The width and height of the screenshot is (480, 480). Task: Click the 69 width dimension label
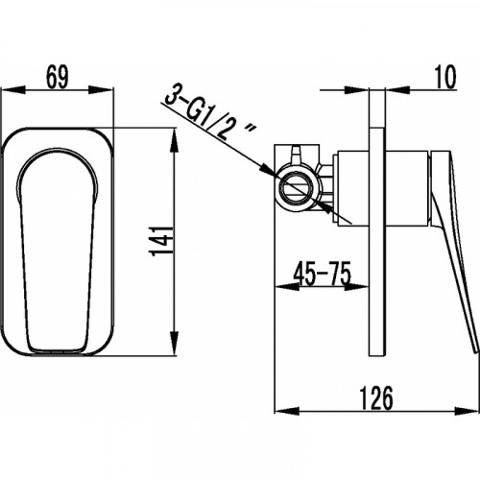(58, 77)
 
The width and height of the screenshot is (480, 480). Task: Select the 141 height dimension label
(161, 241)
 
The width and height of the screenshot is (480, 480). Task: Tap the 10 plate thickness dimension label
(445, 77)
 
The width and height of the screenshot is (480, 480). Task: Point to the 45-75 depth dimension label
(323, 274)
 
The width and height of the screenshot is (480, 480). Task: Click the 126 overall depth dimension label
(376, 398)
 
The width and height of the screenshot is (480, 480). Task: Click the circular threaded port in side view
(297, 187)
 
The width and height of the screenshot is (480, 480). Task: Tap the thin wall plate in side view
(377, 242)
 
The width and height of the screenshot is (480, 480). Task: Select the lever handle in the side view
(454, 250)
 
